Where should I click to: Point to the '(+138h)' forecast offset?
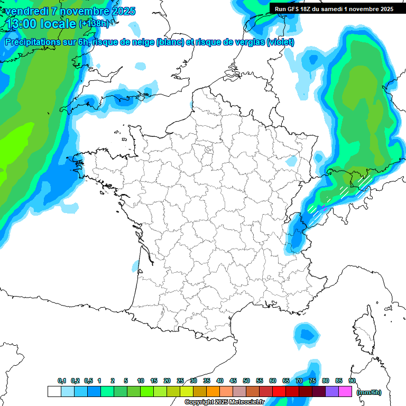point(94,24)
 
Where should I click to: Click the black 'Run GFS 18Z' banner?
point(334,8)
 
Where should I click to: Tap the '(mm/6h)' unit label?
point(368,392)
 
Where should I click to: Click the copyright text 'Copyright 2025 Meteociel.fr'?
point(224,402)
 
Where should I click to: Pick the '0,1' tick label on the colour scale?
point(62,381)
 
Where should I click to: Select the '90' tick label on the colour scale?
point(352,381)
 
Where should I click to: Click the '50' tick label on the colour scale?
point(246,381)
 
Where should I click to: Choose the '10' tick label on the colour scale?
point(141,381)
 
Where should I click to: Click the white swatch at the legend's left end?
point(54,392)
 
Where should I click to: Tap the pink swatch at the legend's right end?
point(345,392)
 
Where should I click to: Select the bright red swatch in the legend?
point(279,392)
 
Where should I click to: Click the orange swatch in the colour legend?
point(213,392)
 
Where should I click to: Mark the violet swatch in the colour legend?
point(332,392)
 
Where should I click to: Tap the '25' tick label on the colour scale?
point(180,381)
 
